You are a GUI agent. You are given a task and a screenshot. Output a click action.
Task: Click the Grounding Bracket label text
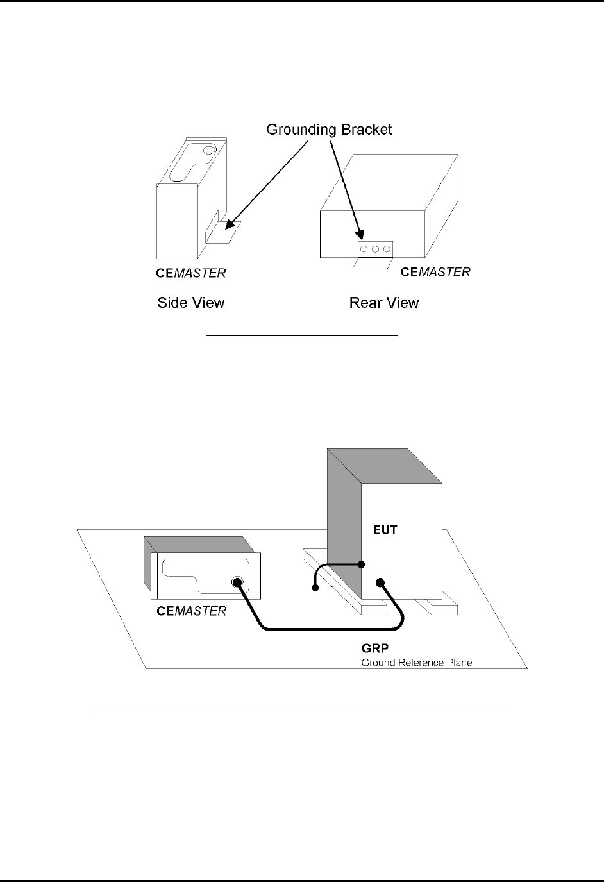(329, 130)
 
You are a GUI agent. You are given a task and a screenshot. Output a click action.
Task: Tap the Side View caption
(191, 303)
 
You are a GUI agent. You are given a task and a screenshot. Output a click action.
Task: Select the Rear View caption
(384, 303)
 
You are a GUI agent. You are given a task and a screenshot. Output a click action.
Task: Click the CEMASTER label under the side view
(191, 273)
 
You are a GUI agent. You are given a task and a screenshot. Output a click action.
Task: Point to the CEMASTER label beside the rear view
(435, 272)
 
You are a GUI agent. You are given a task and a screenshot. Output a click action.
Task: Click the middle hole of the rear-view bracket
(375, 248)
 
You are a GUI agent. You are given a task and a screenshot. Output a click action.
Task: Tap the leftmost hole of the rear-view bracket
(364, 248)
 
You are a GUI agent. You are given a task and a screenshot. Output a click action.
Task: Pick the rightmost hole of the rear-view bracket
(387, 248)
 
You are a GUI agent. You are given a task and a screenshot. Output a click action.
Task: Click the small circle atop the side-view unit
(209, 151)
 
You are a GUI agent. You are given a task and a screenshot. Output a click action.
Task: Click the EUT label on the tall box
(386, 530)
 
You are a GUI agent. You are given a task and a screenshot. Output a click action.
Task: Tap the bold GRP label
(374, 650)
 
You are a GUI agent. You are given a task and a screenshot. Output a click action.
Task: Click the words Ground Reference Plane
(417, 663)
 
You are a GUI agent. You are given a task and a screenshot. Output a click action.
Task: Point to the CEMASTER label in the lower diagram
(191, 611)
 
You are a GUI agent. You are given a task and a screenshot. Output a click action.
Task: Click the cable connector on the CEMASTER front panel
(237, 582)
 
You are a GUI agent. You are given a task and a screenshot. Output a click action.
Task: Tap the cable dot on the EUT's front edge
(362, 564)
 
